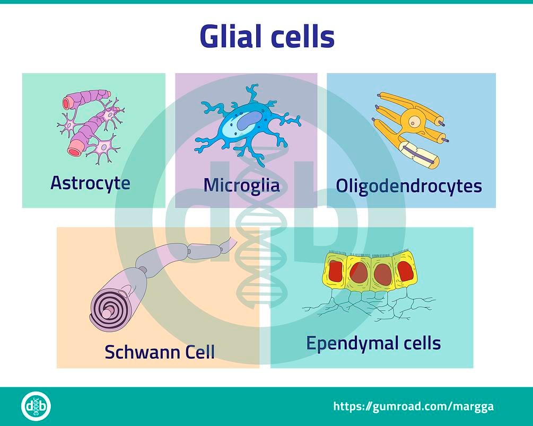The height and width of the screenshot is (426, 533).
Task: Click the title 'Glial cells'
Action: (267, 36)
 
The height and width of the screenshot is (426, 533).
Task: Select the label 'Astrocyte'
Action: (90, 183)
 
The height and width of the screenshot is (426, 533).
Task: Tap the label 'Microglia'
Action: (242, 185)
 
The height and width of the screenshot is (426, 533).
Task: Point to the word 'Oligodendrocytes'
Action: (409, 186)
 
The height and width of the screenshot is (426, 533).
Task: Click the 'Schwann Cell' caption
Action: (160, 351)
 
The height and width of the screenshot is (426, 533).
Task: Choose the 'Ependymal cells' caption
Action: (373, 343)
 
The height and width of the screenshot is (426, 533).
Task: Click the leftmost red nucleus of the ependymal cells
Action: (334, 272)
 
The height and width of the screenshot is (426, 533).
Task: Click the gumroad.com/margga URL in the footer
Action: (414, 406)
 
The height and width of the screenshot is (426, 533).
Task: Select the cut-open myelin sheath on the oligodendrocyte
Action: (419, 155)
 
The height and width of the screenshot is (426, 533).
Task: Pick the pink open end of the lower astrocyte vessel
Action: (74, 151)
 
